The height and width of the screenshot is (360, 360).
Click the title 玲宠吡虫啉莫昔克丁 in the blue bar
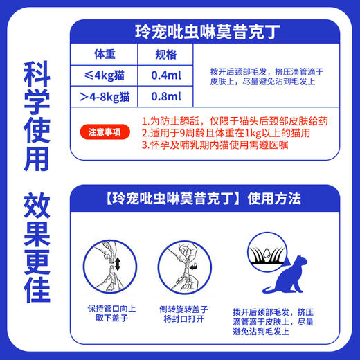pyautogui.click(x=211, y=33)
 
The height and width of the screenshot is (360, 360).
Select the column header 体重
pyautogui.click(x=107, y=55)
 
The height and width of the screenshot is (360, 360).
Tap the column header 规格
pyautogui.click(x=166, y=55)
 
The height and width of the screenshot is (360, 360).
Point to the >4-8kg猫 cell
pyautogui.click(x=107, y=97)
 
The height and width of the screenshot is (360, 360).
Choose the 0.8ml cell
pyautogui.click(x=166, y=97)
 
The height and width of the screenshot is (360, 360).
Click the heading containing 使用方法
pyautogui.click(x=210, y=199)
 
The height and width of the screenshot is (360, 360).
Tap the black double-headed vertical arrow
pyautogui.click(x=118, y=264)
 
